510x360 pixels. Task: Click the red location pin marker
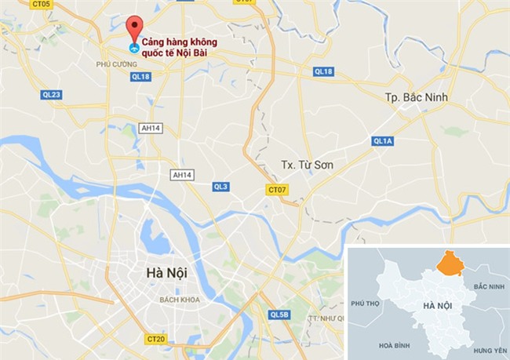pyautogui.click(x=134, y=27)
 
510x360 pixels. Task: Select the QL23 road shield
pyautogui.click(x=51, y=94)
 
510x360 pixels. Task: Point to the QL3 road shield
pyautogui.click(x=220, y=186)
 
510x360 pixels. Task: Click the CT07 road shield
pyautogui.click(x=277, y=190)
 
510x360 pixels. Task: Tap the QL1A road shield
pyautogui.click(x=382, y=141)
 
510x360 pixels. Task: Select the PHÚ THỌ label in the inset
pyautogui.click(x=366, y=303)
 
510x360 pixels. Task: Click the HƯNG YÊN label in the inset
pyautogui.click(x=491, y=349)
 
